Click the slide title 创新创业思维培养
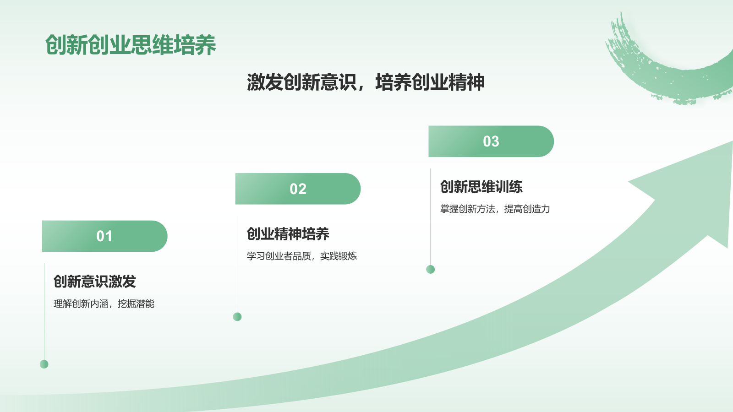point(131,45)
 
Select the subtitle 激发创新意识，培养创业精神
point(366,82)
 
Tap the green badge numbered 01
point(104,236)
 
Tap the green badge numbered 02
point(298,189)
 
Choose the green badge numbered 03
point(491,141)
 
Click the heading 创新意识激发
point(95,282)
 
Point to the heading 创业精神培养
point(288,234)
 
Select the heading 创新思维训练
point(481,187)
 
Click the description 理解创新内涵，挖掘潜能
point(104,304)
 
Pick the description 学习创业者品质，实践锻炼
point(302,256)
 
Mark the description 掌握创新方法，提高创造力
point(495,209)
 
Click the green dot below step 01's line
point(44,364)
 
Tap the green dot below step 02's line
point(237,317)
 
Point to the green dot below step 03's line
point(431,269)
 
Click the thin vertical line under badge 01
point(44,311)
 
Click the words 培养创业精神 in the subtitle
point(430,82)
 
